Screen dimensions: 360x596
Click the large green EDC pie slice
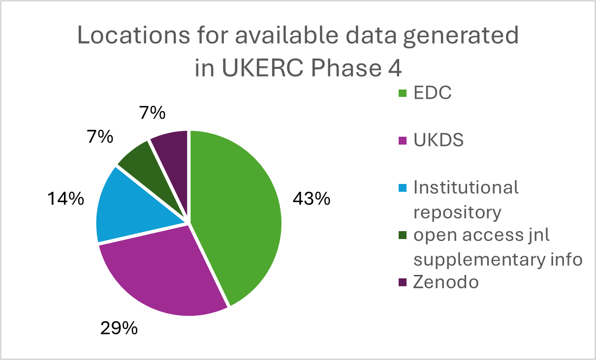236,211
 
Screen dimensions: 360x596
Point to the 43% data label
311,199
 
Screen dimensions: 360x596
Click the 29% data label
119,329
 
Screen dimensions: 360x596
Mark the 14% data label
65,199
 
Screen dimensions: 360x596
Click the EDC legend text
432,93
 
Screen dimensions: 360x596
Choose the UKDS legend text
439,140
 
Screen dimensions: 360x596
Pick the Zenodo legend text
446,282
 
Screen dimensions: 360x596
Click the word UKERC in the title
260,68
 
